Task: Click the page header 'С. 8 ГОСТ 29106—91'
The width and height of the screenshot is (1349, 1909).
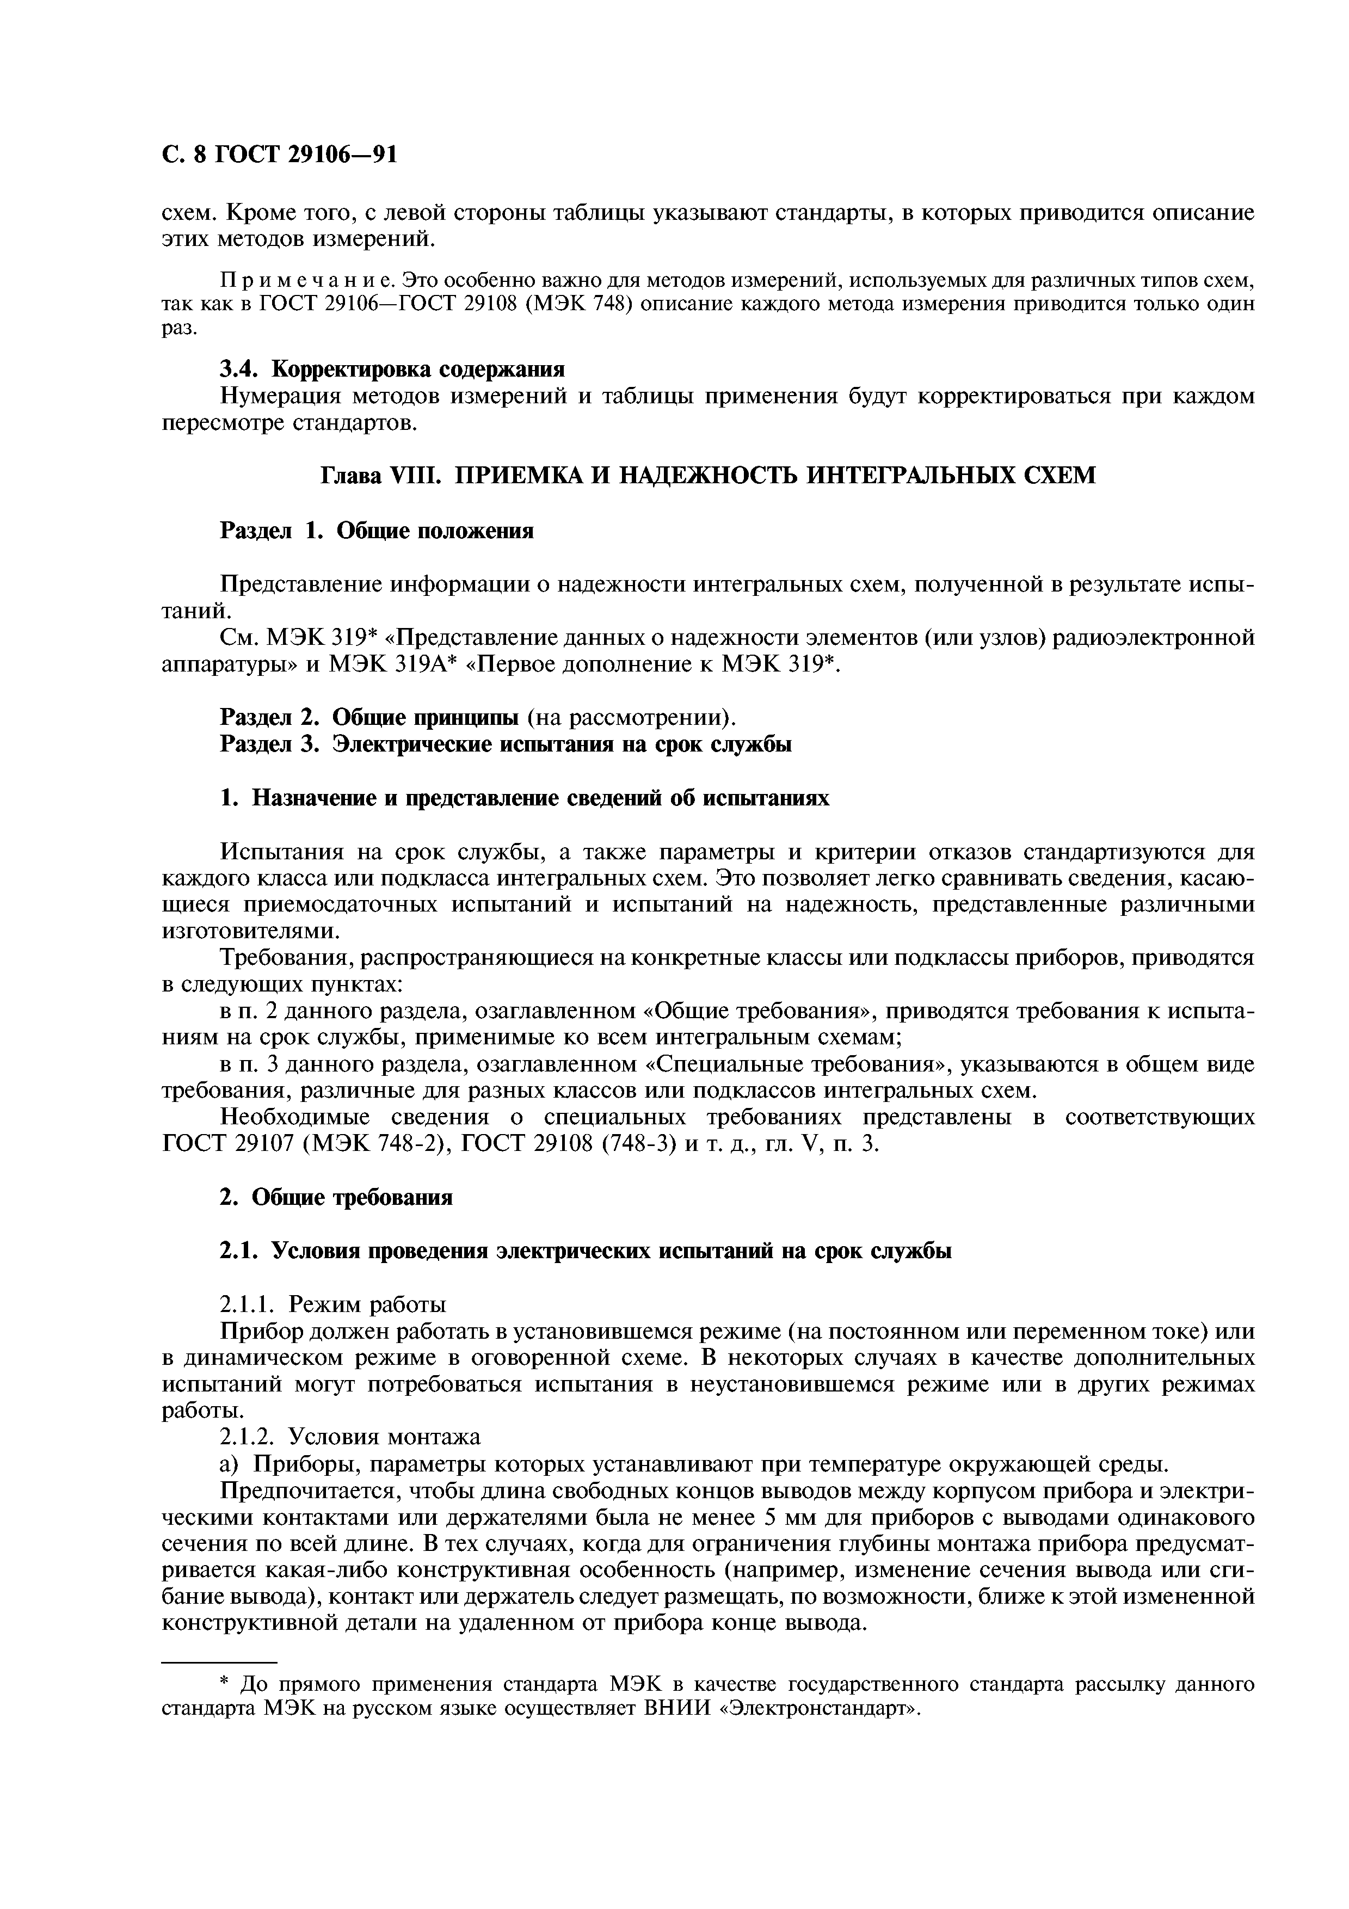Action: tap(279, 155)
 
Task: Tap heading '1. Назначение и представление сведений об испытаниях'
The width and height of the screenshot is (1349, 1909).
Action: tap(525, 798)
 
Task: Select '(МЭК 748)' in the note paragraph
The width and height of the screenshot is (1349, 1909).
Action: tap(581, 304)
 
